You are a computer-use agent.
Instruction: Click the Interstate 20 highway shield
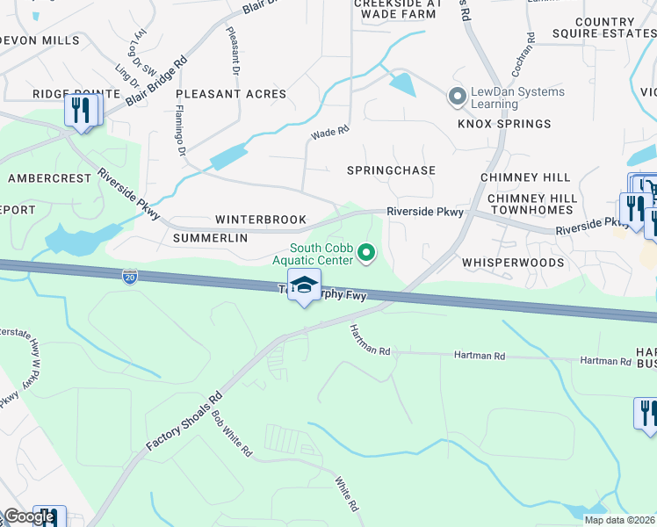pos(130,276)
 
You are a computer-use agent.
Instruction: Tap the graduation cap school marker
pos(303,287)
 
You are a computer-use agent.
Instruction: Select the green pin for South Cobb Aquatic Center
pos(368,255)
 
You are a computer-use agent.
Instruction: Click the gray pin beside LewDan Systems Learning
pos(457,96)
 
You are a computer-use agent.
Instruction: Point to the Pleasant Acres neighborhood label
pos(231,94)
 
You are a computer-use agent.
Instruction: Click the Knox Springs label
pos(503,124)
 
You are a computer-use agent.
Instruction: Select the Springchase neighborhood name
pos(391,170)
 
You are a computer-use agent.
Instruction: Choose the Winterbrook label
pos(261,220)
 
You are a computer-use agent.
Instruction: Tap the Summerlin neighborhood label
pos(207,238)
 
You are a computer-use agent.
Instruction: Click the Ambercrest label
pos(49,178)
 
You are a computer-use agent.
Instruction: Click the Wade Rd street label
pos(330,133)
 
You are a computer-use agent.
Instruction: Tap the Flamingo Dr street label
pos(180,131)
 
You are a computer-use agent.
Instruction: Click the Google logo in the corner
pos(29,516)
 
